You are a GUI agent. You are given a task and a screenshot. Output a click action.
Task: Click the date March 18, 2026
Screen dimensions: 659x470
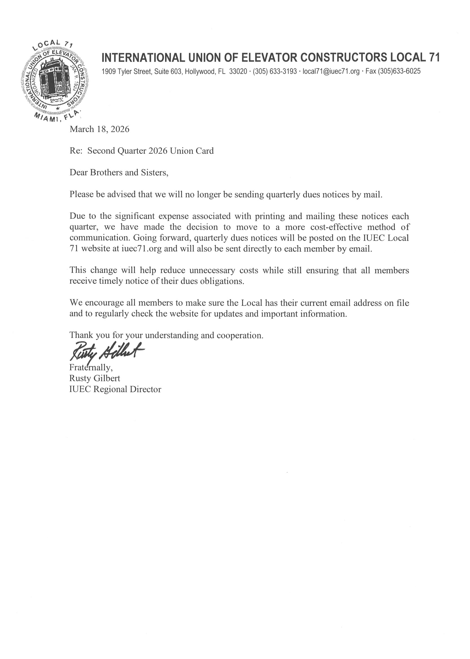point(99,129)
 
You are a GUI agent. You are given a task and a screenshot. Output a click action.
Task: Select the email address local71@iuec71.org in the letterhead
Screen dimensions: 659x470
point(331,71)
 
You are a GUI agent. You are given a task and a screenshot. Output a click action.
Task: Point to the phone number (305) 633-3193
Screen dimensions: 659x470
point(275,71)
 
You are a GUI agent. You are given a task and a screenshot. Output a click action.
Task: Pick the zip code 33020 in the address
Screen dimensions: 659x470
point(238,71)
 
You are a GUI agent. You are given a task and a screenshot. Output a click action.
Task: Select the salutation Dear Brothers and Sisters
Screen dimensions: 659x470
point(119,172)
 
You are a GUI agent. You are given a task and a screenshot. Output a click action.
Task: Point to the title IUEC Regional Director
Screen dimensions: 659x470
point(115,389)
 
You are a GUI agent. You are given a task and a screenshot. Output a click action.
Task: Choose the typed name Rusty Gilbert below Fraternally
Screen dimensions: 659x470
point(95,378)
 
